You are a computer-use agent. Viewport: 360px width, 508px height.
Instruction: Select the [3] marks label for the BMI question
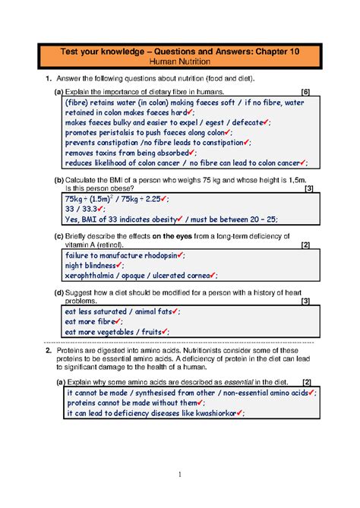tap(306, 188)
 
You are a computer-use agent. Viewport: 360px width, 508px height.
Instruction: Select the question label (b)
tap(59, 179)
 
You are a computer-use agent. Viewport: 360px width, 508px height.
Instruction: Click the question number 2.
tap(47, 351)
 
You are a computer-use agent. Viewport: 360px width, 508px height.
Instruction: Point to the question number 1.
tap(47, 78)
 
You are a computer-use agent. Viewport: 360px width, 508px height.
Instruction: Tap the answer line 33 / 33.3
tap(86, 209)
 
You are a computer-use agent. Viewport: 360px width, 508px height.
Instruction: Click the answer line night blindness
tap(93, 266)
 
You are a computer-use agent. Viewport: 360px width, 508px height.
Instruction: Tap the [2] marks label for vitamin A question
tap(305, 245)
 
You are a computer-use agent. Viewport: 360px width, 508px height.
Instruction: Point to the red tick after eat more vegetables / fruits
tap(163, 332)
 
